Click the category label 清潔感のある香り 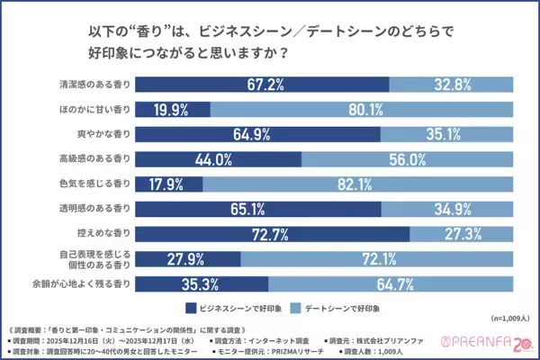click(93, 84)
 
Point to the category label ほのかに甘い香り click(93, 109)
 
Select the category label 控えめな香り click(104, 235)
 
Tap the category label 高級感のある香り click(93, 159)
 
